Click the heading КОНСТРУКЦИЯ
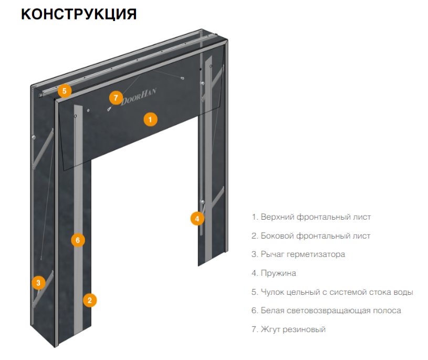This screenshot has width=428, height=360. pyautogui.click(x=79, y=14)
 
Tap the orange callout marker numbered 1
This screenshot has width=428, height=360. pyautogui.click(x=150, y=120)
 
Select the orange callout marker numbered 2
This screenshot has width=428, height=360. pyautogui.click(x=90, y=300)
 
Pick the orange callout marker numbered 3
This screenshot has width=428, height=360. pyautogui.click(x=38, y=283)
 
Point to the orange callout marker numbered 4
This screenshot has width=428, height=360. pyautogui.click(x=197, y=219)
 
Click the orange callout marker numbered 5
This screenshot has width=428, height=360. pyautogui.click(x=64, y=91)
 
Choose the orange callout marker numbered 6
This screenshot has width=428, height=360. pyautogui.click(x=77, y=240)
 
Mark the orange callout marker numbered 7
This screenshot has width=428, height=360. pyautogui.click(x=116, y=98)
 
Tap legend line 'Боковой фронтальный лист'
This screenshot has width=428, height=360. pyautogui.click(x=311, y=236)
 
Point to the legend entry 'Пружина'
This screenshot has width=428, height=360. pyautogui.click(x=274, y=273)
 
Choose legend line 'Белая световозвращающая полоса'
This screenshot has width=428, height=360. pyautogui.click(x=326, y=311)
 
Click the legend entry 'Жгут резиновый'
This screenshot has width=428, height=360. pyautogui.click(x=289, y=330)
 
